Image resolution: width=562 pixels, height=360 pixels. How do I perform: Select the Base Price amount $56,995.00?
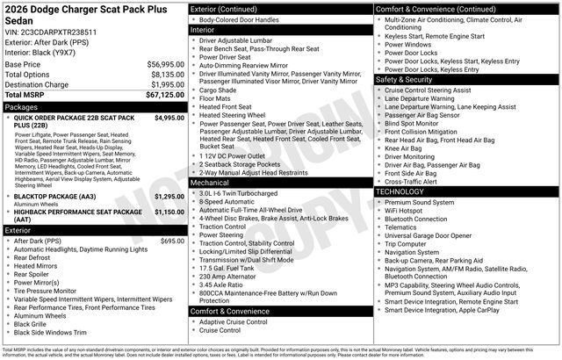click(x=165, y=65)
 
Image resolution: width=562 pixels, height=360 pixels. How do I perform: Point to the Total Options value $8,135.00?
click(x=167, y=75)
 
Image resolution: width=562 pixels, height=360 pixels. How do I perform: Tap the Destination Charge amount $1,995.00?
click(x=167, y=85)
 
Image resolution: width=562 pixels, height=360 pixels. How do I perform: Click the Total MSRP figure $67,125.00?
click(x=163, y=96)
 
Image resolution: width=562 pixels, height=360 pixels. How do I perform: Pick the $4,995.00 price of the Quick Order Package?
click(x=169, y=117)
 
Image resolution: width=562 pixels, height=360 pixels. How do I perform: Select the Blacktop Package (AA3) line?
click(x=61, y=197)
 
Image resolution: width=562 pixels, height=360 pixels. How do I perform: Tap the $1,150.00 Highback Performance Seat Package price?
click(x=169, y=212)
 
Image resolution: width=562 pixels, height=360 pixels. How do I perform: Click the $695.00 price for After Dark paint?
click(x=172, y=241)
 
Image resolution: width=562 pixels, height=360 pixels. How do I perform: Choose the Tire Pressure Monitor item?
click(x=51, y=291)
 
